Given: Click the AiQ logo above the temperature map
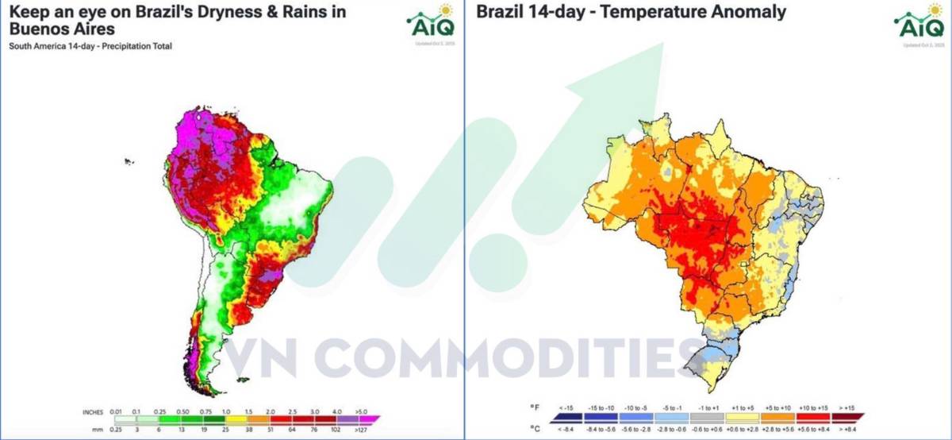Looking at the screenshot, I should click(x=920, y=21).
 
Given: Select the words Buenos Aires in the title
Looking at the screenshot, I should click(x=62, y=29).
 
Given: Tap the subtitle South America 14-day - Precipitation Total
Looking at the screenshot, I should click(x=90, y=46).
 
